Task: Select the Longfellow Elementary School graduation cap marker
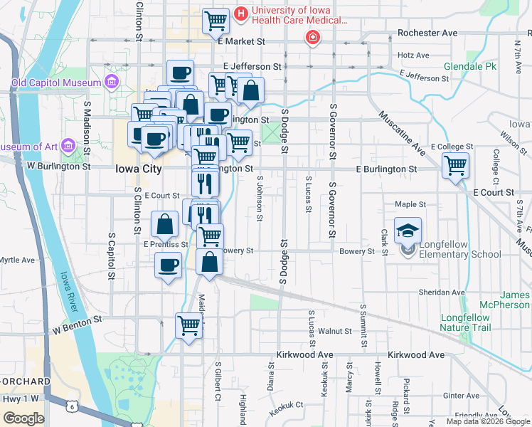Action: point(408,231)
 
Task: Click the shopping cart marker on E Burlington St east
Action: point(455,166)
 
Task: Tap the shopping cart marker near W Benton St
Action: point(189,326)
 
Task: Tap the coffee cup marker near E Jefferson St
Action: point(181,72)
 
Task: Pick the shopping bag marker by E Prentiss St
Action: point(165,225)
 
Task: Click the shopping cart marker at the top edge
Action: point(216,21)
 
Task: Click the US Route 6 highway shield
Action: point(71,406)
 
